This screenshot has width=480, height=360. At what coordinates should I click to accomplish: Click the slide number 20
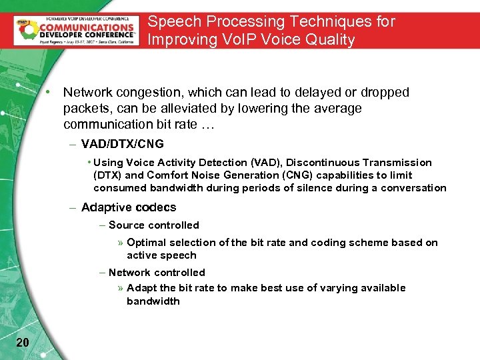(x=22, y=343)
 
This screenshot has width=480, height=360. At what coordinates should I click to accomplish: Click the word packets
(x=85, y=108)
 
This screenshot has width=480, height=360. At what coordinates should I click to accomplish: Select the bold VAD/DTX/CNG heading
(x=122, y=144)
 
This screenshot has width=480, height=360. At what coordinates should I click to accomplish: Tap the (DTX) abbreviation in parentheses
(x=107, y=175)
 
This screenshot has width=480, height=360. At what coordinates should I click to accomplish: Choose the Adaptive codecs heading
(x=129, y=207)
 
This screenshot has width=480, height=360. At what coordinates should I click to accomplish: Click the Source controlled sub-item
(x=154, y=225)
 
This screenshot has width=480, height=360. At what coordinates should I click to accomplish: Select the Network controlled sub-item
(x=157, y=273)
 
